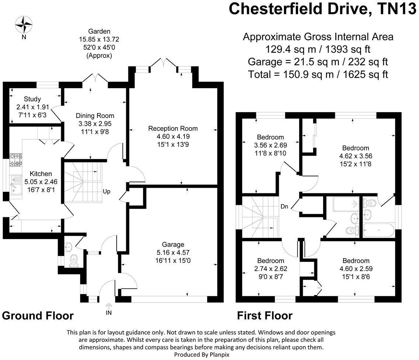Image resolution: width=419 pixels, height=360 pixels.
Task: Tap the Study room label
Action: point(32,99)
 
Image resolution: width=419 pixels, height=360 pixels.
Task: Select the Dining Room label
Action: point(95,115)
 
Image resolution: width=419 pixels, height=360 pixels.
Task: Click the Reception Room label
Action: point(173,128)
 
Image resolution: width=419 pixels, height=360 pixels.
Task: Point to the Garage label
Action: point(173,244)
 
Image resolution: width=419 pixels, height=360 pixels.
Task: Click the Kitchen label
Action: point(41,173)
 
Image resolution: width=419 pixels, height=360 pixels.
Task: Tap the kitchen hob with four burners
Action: point(16,159)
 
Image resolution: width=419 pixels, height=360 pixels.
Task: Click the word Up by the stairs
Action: point(107,191)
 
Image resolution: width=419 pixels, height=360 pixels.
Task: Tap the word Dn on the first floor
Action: point(284,206)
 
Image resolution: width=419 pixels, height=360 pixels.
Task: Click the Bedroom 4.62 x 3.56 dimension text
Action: point(355,156)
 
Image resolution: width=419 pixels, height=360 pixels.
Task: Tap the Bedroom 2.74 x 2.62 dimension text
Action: point(271,269)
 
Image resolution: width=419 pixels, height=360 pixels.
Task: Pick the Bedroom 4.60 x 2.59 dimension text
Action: point(356,269)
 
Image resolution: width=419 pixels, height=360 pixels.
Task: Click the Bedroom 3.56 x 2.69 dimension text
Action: point(271,145)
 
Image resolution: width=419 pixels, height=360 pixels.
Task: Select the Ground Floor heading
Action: point(38,316)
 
